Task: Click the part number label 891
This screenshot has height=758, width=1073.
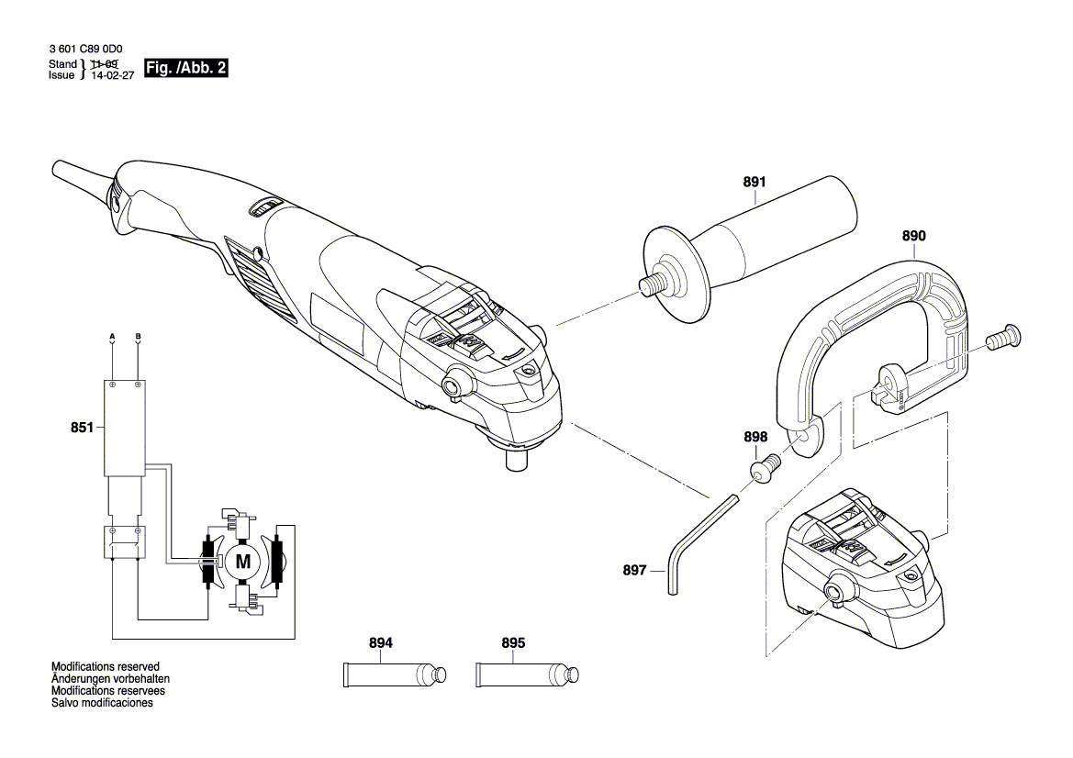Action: click(x=754, y=182)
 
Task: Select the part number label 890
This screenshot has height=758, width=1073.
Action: click(x=913, y=236)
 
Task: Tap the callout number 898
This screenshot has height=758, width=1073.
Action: click(x=755, y=438)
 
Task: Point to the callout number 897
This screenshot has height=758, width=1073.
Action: click(x=634, y=570)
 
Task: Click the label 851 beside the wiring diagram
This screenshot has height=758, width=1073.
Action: click(x=83, y=427)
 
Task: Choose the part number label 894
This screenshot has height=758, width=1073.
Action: click(x=381, y=643)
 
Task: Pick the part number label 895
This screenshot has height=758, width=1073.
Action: click(x=513, y=643)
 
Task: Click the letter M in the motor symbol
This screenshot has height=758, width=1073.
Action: click(x=242, y=561)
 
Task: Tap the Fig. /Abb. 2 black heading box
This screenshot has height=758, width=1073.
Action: click(x=186, y=69)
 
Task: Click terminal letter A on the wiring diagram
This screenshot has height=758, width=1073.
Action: click(x=112, y=336)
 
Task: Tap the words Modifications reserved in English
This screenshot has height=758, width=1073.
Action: click(x=106, y=667)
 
